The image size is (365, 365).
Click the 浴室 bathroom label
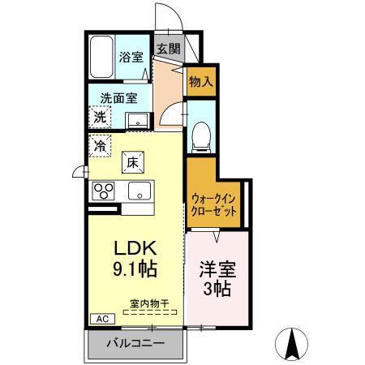coord(131,58)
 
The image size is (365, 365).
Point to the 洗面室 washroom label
coord(118,99)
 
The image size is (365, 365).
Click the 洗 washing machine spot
coord(99,117)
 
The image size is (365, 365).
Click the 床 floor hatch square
coord(134,163)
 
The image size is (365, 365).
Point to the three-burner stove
coord(104,191)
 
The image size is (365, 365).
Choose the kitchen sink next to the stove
coord(136,193)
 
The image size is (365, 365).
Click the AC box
coord(102,319)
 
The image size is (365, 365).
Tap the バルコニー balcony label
coord(138,344)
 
